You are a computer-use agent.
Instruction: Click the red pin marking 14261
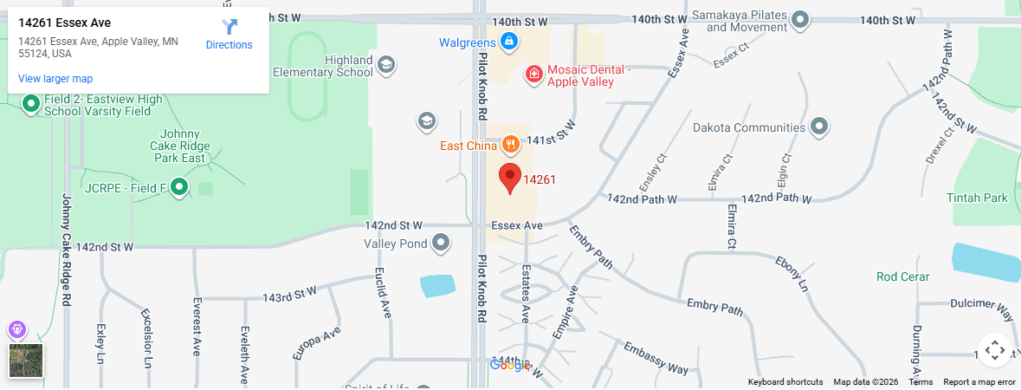tap(510, 178)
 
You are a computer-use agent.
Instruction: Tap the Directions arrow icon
tap(229, 27)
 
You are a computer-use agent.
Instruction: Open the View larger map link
tap(55, 79)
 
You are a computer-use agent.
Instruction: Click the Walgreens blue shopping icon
tap(510, 41)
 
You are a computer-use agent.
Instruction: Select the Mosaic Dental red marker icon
tap(534, 75)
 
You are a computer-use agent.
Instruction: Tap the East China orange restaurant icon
tap(511, 145)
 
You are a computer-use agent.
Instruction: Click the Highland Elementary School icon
tap(386, 64)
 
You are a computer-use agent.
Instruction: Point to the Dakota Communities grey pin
tap(819, 127)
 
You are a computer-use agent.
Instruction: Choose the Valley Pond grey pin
tap(441, 244)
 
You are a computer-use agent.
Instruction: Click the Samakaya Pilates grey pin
tap(801, 20)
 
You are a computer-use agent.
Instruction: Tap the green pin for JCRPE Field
tap(179, 186)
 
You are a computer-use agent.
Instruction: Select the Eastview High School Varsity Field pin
tap(31, 105)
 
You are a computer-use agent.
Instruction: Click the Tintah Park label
tap(977, 198)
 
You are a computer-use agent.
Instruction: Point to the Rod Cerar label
tap(902, 276)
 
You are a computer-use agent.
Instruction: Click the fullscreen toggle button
tap(994, 350)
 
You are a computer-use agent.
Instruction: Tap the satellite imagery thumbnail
tap(26, 361)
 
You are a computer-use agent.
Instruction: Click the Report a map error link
tap(979, 382)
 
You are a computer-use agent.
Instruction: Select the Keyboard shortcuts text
tap(785, 382)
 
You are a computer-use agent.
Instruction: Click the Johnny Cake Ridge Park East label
tap(181, 146)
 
